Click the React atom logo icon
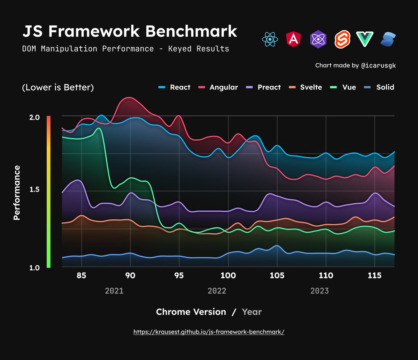pyautogui.click(x=270, y=39)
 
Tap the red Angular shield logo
pyautogui.click(x=294, y=39)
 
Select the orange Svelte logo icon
pyautogui.click(x=342, y=39)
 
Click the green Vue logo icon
pyautogui.click(x=365, y=39)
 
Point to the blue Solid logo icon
pyautogui.click(x=388, y=39)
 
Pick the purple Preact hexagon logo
pyautogui.click(x=318, y=39)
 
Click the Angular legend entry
pyautogui.click(x=218, y=87)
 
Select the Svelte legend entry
pyautogui.click(x=306, y=87)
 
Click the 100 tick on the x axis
pyautogui.click(x=228, y=276)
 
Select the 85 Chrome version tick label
pyautogui.click(x=81, y=276)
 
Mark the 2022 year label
pyautogui.click(x=217, y=291)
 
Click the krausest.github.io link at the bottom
pyautogui.click(x=209, y=332)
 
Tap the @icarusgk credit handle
pyautogui.click(x=378, y=65)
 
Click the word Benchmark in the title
pyautogui.click(x=191, y=31)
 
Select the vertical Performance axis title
pyautogui.click(x=16, y=193)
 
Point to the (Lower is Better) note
pyautogui.click(x=58, y=87)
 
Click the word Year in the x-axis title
pyautogui.click(x=251, y=312)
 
